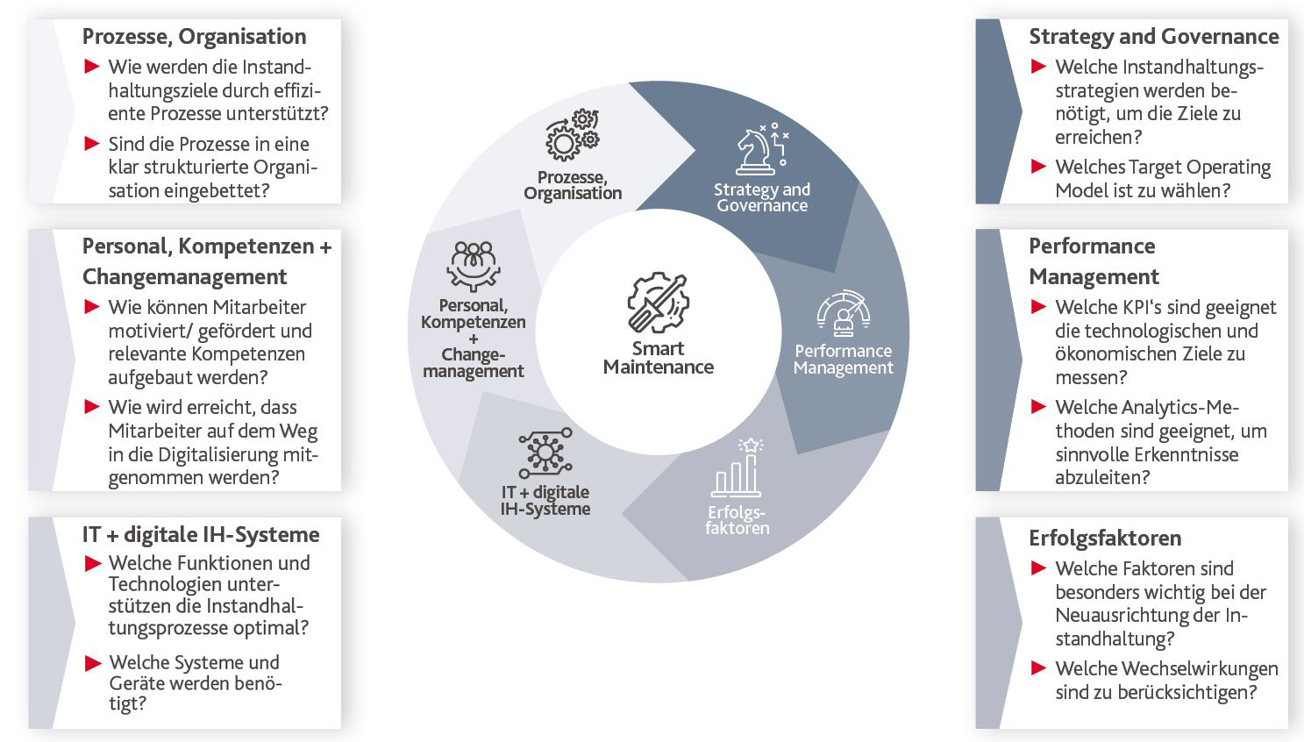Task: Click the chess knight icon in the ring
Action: click(x=762, y=149)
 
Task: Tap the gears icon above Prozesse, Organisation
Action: click(x=573, y=134)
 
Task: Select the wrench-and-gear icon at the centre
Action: click(x=658, y=303)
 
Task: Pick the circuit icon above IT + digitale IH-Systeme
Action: click(x=545, y=453)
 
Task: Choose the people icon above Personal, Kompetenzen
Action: click(x=474, y=266)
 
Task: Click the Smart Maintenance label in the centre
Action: click(x=659, y=358)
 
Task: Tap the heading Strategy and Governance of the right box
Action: click(x=1154, y=37)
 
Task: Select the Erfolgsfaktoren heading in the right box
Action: click(x=1105, y=538)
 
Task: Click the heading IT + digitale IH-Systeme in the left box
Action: click(x=201, y=535)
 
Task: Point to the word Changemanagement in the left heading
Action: click(x=184, y=276)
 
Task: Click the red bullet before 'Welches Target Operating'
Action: click(x=1038, y=167)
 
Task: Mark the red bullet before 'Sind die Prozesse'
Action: click(x=92, y=143)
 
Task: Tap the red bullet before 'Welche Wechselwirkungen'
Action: click(x=1038, y=668)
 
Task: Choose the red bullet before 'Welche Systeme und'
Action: click(x=93, y=663)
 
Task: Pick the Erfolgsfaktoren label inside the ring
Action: click(x=737, y=520)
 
